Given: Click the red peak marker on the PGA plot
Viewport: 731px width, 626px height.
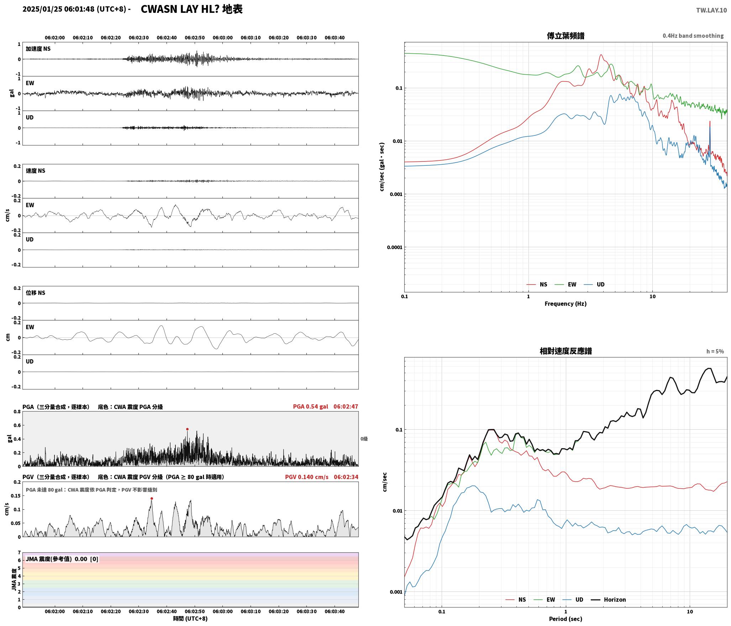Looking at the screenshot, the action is (187, 429).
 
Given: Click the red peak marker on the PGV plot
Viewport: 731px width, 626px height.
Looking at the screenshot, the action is (152, 498).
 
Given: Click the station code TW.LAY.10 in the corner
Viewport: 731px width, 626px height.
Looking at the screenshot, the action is (711, 10).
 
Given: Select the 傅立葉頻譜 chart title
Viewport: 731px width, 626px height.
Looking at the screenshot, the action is (566, 36).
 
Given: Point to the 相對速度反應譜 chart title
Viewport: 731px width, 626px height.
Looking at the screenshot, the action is (566, 351).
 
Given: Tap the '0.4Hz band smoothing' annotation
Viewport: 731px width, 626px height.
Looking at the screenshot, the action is (693, 36).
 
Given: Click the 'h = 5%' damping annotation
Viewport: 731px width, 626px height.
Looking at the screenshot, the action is (715, 351).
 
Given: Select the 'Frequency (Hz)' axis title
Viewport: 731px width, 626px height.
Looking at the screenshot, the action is (566, 303).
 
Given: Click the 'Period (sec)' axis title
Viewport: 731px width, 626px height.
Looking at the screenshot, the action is (566, 619).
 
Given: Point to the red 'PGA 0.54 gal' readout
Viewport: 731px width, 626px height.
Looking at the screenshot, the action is (310, 406).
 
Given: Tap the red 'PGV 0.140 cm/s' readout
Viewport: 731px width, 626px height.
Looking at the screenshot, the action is (306, 477).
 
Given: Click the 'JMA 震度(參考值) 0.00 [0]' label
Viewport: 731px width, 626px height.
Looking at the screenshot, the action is (62, 559).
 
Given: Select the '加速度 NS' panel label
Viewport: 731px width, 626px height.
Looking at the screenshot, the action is (38, 49).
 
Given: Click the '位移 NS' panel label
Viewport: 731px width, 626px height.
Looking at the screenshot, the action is (36, 293).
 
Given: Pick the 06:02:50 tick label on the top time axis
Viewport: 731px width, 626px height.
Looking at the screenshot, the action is (195, 37).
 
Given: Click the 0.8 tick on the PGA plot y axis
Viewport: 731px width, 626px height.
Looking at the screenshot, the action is (17, 412).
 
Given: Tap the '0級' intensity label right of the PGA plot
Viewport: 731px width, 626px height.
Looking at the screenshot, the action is (364, 439).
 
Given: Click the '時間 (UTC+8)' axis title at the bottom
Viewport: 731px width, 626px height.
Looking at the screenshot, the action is (190, 619).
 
